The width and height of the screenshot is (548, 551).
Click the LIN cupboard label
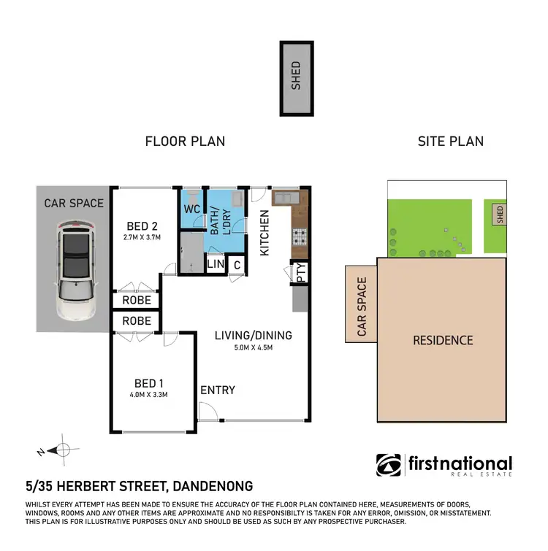[x=216, y=264]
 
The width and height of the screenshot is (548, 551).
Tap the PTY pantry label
[x=300, y=274]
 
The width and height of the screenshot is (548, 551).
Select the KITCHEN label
[x=265, y=232]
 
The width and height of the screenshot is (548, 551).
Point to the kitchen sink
[x=283, y=196]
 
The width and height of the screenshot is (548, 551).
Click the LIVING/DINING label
[x=253, y=336]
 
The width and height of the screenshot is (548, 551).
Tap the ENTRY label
[x=218, y=390]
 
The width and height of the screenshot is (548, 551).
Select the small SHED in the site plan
[x=500, y=214]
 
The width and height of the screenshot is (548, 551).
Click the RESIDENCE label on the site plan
[x=443, y=340]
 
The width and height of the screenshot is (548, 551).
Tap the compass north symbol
[x=62, y=450]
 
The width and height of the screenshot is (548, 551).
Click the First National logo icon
[x=388, y=465]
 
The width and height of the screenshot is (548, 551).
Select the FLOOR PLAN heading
[x=185, y=141]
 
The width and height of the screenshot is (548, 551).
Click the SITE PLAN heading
[x=450, y=141]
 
